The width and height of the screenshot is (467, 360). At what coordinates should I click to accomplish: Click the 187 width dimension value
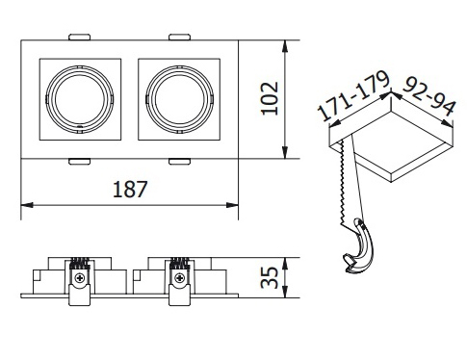[x=130, y=190]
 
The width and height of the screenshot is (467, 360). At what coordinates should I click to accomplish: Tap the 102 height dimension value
[x=270, y=98]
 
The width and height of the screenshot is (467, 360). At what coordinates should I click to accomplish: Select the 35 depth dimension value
[x=270, y=277]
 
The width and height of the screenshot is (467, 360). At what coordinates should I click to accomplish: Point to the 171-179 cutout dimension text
[x=353, y=95]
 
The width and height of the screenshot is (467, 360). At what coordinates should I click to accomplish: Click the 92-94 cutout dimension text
[x=428, y=95]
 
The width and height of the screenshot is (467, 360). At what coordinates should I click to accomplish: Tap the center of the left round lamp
[x=80, y=99]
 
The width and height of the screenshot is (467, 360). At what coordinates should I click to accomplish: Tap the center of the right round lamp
[x=179, y=99]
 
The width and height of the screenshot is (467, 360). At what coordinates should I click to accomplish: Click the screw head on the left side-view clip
[x=79, y=278]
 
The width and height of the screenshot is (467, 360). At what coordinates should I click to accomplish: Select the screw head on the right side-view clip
[x=180, y=278]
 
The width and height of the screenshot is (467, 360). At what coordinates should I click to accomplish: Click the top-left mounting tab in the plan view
[x=79, y=37]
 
